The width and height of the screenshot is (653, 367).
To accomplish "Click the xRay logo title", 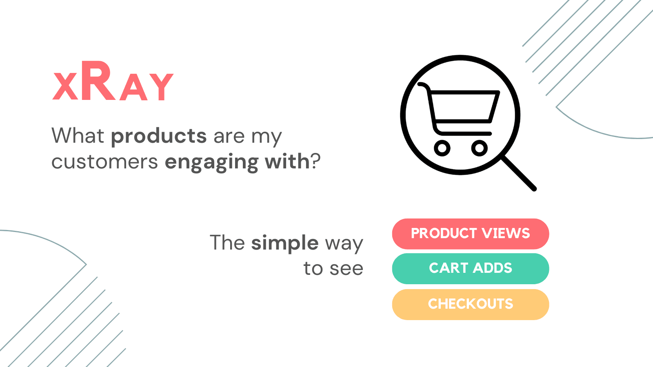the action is click(x=113, y=81).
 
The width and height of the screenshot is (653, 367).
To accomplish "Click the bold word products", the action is click(x=159, y=136).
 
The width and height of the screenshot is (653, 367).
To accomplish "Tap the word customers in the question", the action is click(x=104, y=161).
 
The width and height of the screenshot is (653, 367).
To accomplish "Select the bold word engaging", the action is click(x=212, y=162).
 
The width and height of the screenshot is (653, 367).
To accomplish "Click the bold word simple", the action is click(x=285, y=243).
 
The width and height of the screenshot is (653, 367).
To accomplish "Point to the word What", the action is click(x=78, y=136).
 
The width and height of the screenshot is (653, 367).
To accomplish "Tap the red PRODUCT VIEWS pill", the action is click(x=471, y=234).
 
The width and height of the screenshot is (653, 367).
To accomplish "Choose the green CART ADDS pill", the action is click(x=471, y=269).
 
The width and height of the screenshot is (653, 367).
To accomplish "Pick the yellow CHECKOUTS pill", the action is click(x=471, y=304).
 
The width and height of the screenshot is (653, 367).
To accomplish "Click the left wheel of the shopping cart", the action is click(x=442, y=148).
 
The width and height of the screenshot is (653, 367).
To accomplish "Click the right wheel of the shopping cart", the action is click(x=479, y=148).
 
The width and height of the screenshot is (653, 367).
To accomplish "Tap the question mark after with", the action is click(x=315, y=161).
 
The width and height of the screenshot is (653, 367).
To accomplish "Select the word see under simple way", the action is click(x=346, y=269).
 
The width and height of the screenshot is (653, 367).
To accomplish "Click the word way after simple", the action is click(x=344, y=244).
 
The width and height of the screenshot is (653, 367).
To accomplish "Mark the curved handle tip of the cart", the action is click(x=420, y=84).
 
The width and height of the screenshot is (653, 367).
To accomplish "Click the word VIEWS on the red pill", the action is click(x=506, y=233).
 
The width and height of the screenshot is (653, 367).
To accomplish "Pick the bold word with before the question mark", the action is click(x=287, y=161).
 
